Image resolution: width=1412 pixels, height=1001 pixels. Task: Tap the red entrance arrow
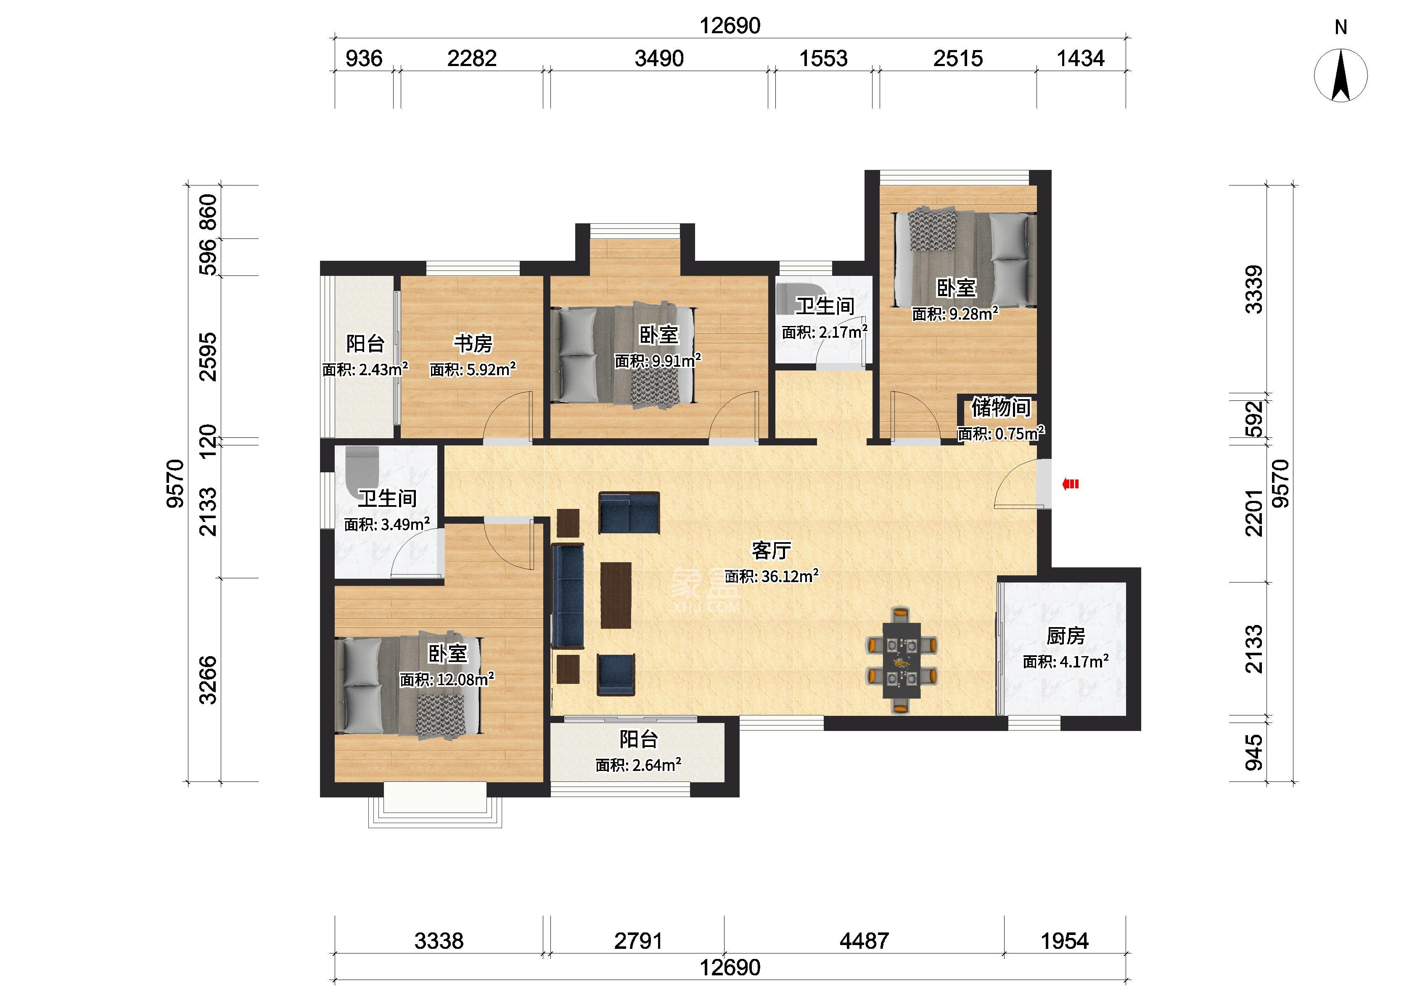point(1070,485)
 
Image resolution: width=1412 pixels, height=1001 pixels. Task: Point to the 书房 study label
point(473,343)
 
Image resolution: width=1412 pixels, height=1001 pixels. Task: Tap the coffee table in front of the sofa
point(616,595)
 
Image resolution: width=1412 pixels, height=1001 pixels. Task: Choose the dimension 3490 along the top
point(659,58)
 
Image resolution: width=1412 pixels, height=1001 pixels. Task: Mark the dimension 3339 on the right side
point(1253,290)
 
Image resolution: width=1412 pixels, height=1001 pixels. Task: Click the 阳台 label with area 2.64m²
point(639,739)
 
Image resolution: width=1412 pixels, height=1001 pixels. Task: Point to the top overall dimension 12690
point(730,26)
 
